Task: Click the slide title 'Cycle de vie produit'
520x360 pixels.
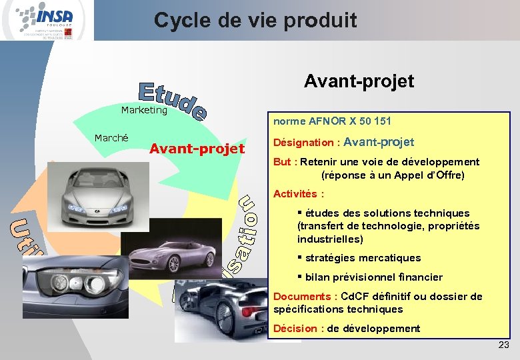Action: click(255, 20)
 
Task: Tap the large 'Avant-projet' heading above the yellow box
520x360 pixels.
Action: click(359, 81)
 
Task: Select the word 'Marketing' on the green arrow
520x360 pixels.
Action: click(144, 110)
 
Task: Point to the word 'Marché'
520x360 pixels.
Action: click(111, 138)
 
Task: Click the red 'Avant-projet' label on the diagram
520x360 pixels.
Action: click(197, 148)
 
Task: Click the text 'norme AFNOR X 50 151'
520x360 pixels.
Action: click(332, 121)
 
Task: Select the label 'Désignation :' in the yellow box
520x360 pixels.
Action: click(307, 143)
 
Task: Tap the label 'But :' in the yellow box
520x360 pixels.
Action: click(285, 162)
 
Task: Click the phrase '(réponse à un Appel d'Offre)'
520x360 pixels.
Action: click(392, 175)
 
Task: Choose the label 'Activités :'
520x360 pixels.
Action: click(299, 194)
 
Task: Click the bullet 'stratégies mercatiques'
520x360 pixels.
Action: click(363, 258)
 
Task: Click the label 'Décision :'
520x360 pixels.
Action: click(299, 329)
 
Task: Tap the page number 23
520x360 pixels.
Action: click(503, 345)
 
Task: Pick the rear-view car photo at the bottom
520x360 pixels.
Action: click(220, 313)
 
